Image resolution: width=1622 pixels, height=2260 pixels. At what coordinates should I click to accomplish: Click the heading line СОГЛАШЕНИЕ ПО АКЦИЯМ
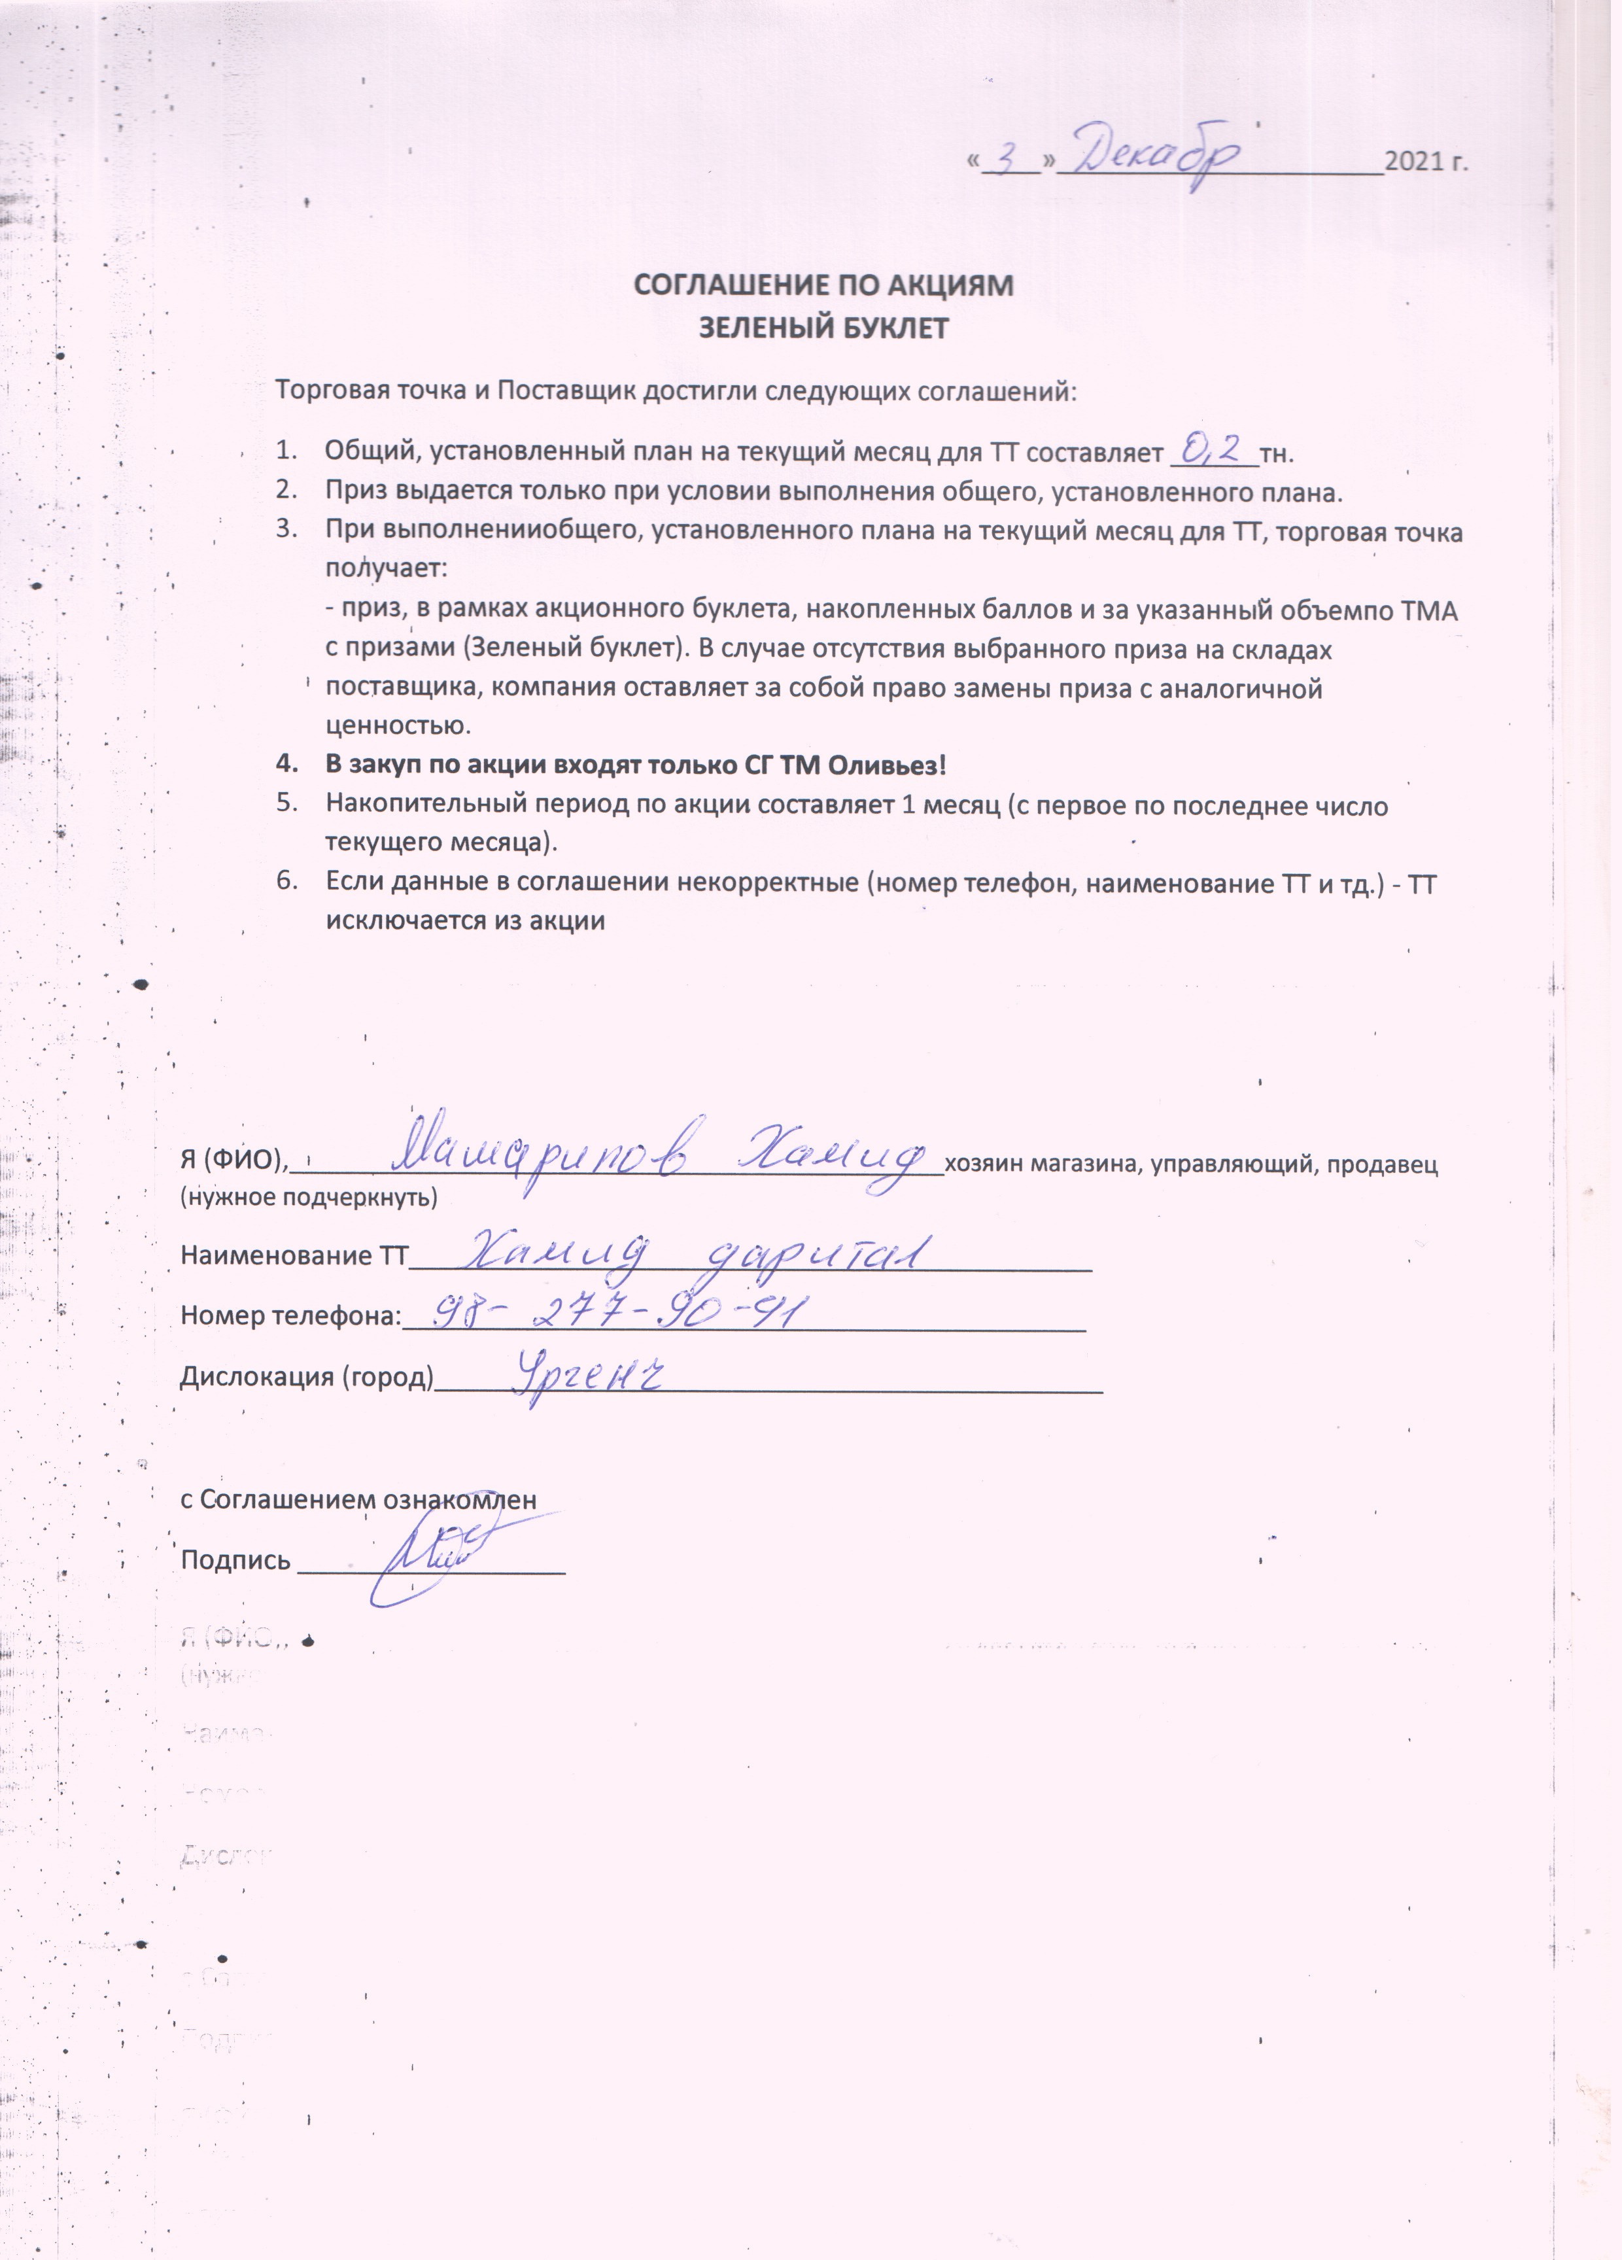coord(824,286)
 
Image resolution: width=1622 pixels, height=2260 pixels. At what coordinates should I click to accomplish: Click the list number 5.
coord(287,803)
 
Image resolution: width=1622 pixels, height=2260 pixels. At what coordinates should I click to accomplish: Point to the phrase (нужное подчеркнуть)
coord(309,1197)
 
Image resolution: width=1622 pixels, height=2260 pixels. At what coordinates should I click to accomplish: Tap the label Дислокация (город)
coord(307,1377)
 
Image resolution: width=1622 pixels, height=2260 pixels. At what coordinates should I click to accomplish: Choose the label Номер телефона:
coord(290,1316)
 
